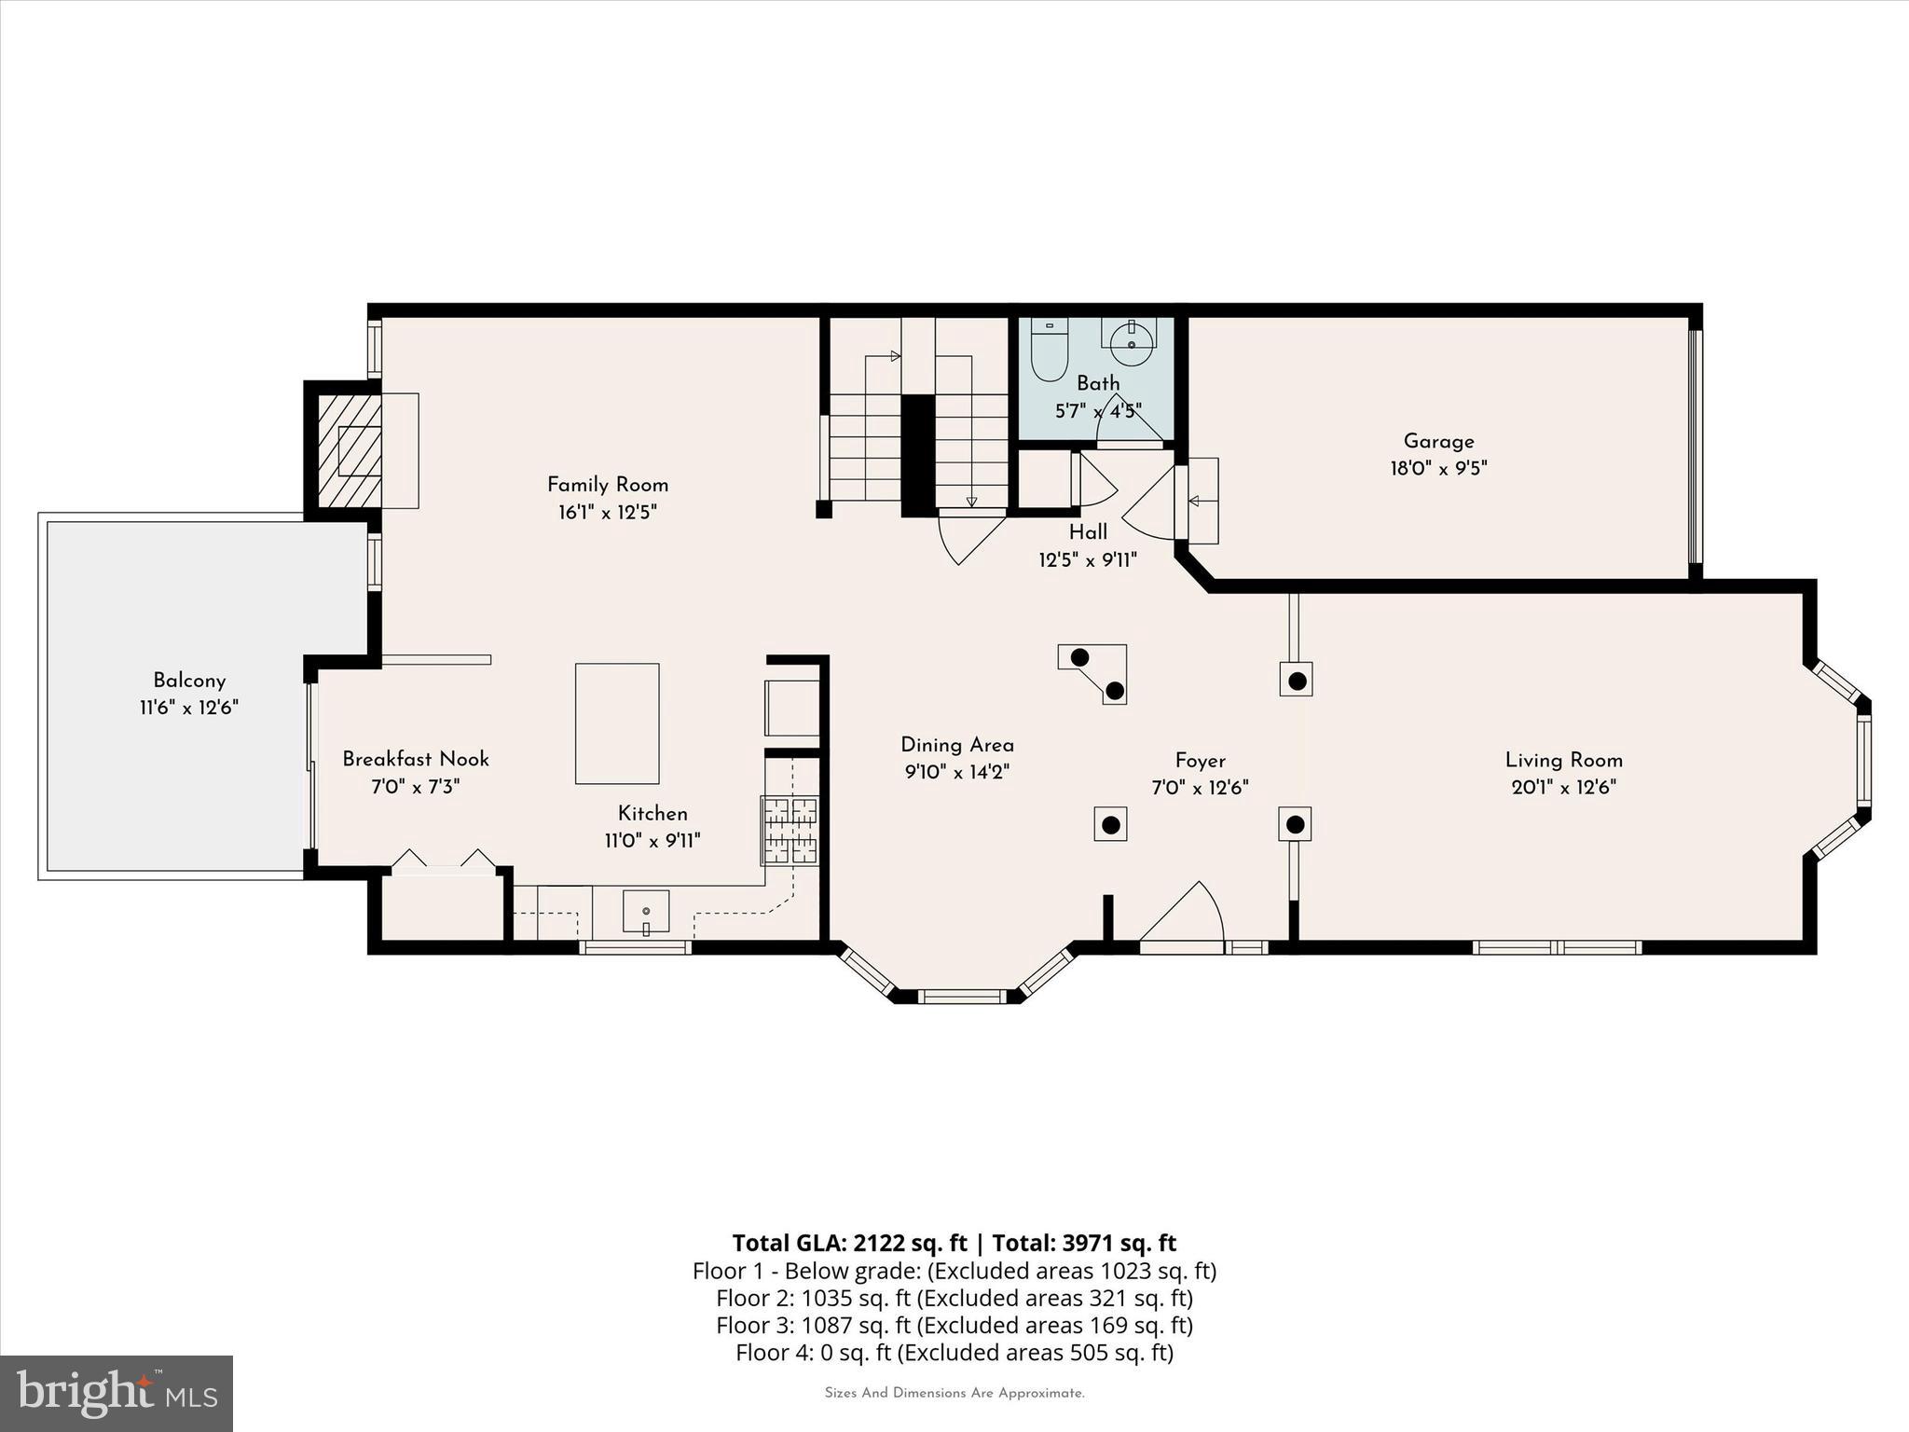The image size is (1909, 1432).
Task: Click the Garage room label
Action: (1438, 441)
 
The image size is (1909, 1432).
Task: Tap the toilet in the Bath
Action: (1049, 351)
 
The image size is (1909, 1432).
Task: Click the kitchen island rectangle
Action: (617, 723)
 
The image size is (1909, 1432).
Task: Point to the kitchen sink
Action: (645, 911)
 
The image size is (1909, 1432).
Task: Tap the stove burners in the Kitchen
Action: (790, 829)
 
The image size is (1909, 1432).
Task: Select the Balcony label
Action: (189, 681)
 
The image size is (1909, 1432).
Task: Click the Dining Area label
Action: (957, 745)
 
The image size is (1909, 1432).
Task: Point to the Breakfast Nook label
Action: (416, 759)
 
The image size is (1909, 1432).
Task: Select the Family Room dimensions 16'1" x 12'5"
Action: (608, 512)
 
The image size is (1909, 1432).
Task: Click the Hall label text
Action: (1088, 532)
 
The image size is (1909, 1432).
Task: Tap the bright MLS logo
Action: (117, 1393)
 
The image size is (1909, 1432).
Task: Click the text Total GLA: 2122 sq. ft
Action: (849, 1243)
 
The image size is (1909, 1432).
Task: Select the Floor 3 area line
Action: (954, 1325)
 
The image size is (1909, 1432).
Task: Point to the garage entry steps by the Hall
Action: (1202, 501)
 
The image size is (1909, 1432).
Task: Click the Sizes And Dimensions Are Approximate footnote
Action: (954, 1393)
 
